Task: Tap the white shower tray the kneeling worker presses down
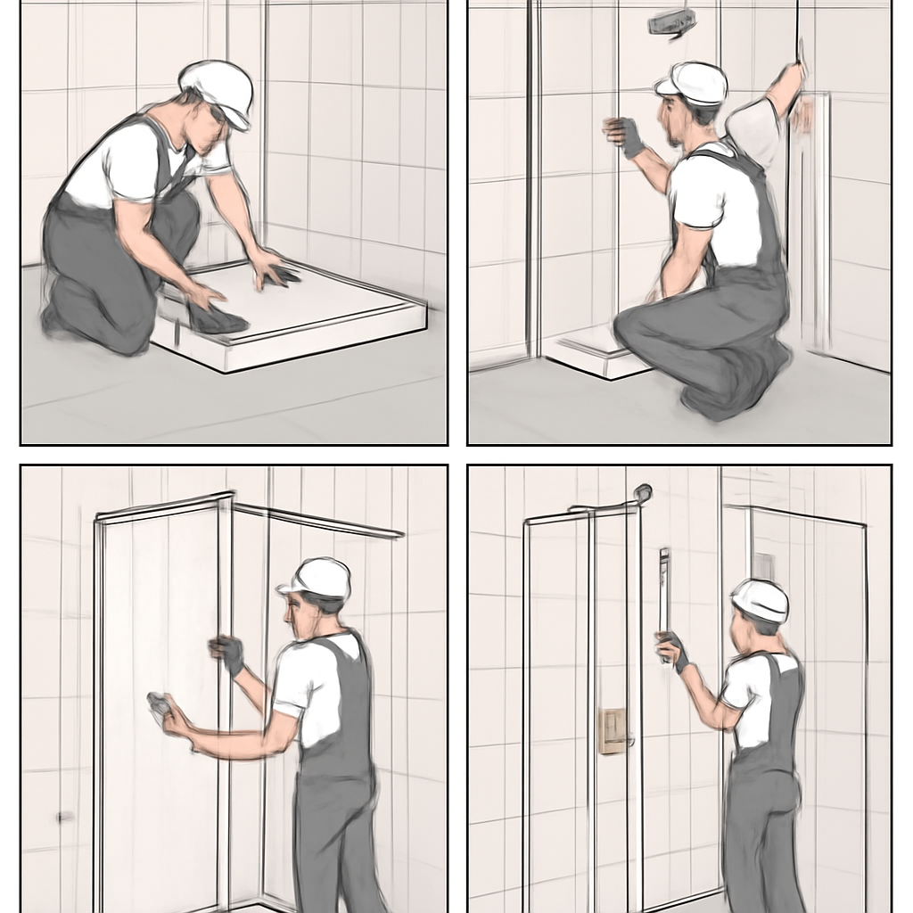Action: pyautogui.click(x=294, y=317)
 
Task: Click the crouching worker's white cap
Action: pyautogui.click(x=694, y=83)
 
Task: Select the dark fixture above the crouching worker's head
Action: pyautogui.click(x=670, y=23)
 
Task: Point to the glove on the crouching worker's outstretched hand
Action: pyautogui.click(x=626, y=136)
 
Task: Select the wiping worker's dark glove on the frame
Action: pyautogui.click(x=228, y=654)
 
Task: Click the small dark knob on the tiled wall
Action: pyautogui.click(x=64, y=816)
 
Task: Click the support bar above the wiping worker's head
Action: pyautogui.click(x=321, y=522)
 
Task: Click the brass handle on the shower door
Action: pyautogui.click(x=613, y=731)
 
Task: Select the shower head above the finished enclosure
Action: pyautogui.click(x=640, y=493)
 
